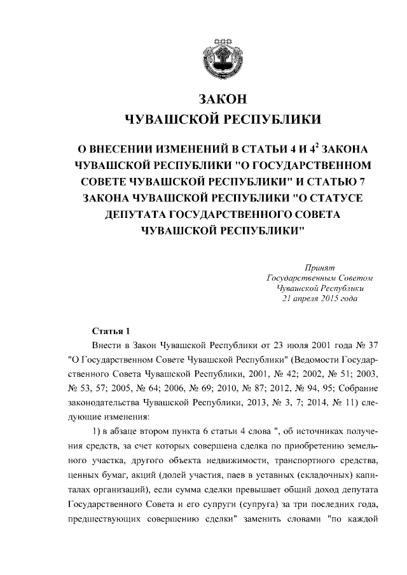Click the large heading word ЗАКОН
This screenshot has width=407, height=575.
222,100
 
